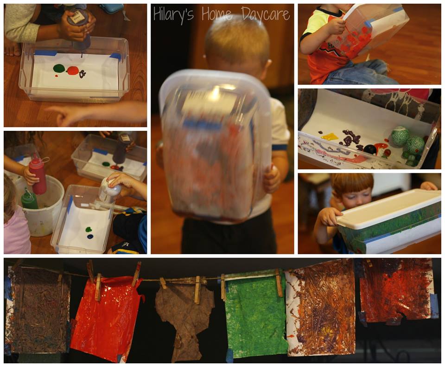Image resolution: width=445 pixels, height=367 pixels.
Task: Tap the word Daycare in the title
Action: pos(266,14)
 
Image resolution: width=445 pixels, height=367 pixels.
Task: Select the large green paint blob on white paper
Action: pos(59,68)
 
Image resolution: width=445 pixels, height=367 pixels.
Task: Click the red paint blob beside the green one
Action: pos(73,70)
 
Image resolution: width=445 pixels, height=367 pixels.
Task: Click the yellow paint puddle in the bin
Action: pos(330,136)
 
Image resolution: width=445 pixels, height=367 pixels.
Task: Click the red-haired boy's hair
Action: pos(352,183)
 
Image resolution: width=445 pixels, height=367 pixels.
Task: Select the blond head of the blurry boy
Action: pos(237,43)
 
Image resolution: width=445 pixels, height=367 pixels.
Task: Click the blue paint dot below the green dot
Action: pos(90,236)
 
